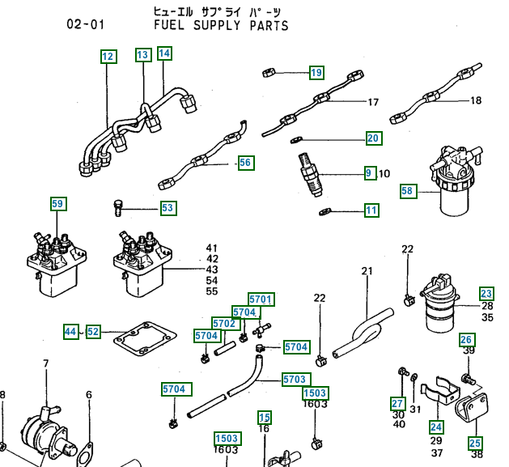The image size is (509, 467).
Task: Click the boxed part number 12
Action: click(x=108, y=57)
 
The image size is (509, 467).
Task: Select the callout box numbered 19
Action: click(x=316, y=72)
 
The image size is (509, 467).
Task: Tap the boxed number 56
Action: click(x=246, y=163)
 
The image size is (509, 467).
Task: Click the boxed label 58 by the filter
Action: click(x=408, y=191)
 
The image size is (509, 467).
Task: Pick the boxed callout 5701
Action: click(x=261, y=299)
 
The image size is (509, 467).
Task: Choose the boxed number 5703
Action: click(x=295, y=379)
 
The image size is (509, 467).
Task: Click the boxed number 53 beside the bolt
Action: click(x=168, y=208)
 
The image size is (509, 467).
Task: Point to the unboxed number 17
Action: click(x=373, y=102)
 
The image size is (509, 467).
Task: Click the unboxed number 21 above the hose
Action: click(x=367, y=271)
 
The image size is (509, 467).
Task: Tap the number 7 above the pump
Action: click(x=46, y=363)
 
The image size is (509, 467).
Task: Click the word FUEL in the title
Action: click(x=169, y=25)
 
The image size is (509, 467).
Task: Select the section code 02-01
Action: click(x=86, y=24)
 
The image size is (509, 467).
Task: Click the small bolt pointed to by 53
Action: click(x=118, y=208)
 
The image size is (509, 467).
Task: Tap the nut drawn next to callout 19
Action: click(x=269, y=72)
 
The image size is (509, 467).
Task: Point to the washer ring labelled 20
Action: click(x=295, y=140)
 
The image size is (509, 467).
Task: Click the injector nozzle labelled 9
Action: click(x=310, y=175)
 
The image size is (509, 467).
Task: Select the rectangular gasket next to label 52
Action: click(x=145, y=339)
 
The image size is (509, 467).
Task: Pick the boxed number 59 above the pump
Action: click(x=58, y=204)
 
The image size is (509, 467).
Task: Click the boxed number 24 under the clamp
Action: click(x=436, y=427)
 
